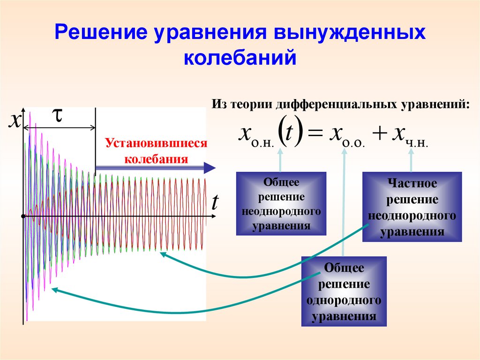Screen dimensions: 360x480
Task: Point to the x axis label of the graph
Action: click(15, 121)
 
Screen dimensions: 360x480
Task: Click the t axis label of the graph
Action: click(215, 203)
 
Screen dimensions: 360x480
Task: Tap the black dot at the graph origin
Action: click(22, 216)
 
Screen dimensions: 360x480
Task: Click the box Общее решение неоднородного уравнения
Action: click(281, 203)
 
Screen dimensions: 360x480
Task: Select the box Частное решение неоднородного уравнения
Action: click(412, 207)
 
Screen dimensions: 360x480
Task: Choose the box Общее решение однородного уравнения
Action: click(344, 291)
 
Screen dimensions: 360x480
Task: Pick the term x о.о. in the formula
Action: click(345, 135)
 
